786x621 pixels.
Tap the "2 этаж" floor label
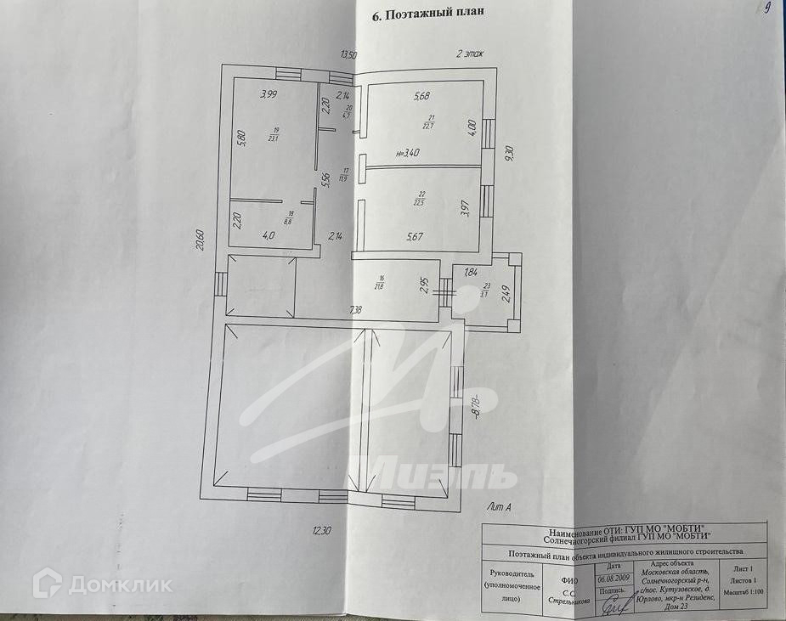tap(469, 54)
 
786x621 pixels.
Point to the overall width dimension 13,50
tap(348, 54)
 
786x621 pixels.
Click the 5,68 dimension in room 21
tap(421, 96)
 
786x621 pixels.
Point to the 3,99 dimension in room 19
tap(269, 94)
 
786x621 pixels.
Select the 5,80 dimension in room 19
tap(241, 138)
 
